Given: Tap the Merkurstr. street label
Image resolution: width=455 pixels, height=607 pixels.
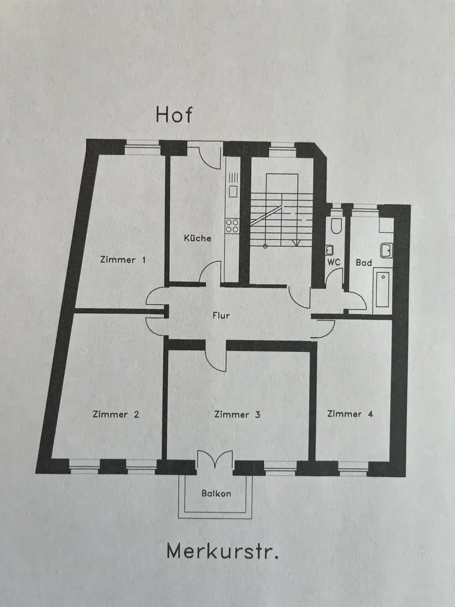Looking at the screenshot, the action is pos(223,552).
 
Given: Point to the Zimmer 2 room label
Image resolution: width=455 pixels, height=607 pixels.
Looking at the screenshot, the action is pos(116,415).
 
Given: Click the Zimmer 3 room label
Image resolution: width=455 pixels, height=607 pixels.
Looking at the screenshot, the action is pos(237,415).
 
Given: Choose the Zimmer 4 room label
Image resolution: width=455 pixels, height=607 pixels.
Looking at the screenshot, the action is pos(350,414).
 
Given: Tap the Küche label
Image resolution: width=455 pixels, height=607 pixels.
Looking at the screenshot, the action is pos(198,238).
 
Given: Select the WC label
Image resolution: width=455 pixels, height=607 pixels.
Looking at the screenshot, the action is pos(333,263).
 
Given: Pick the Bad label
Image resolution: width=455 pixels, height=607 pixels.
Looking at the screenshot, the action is pos(364,263).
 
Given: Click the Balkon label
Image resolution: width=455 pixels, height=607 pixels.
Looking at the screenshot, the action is pos(216,493).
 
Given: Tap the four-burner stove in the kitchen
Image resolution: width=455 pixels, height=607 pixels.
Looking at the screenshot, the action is pos(232,226).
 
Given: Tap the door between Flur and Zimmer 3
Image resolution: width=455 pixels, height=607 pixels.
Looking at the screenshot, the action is pos(215,355).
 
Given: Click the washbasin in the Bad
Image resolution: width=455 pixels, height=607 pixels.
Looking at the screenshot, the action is pos(386,250).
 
